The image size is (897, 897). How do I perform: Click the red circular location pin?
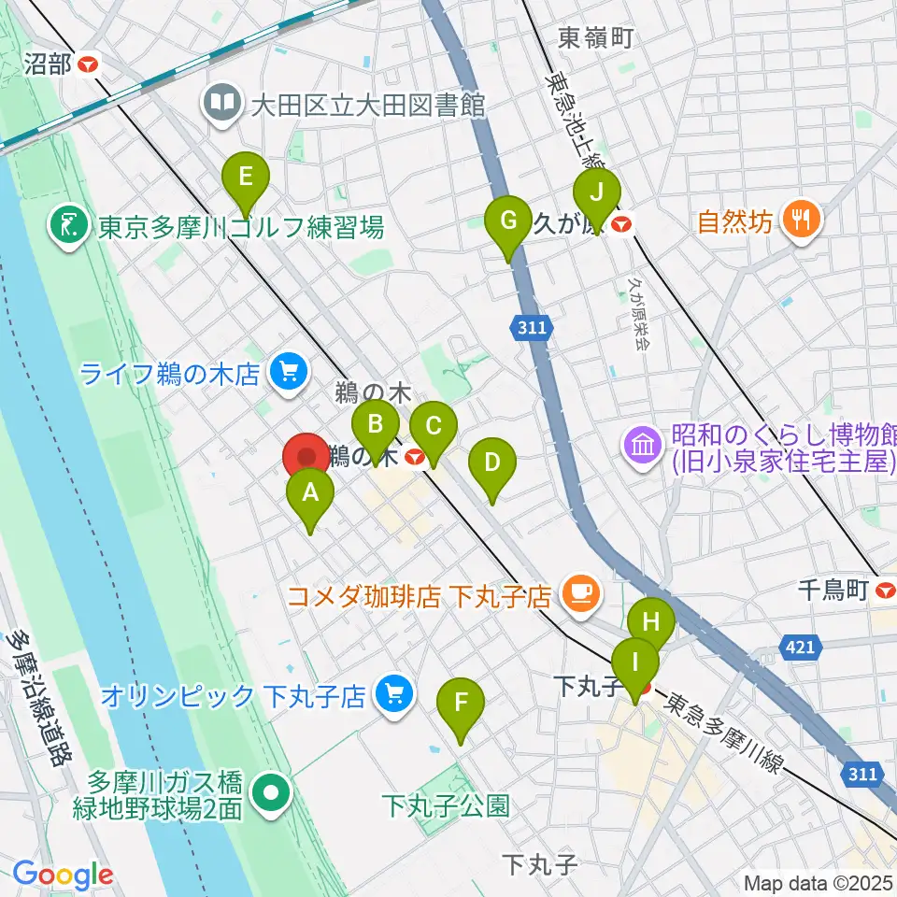coord(306,458)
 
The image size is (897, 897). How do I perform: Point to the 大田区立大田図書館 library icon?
coord(222,104)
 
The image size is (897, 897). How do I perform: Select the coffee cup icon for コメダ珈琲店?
coord(580,594)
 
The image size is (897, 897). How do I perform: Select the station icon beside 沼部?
coord(90,64)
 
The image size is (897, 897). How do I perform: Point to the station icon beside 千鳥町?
coord(886,590)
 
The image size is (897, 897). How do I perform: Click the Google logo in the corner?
coord(63,875)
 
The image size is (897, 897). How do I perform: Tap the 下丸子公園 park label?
coord(447,804)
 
